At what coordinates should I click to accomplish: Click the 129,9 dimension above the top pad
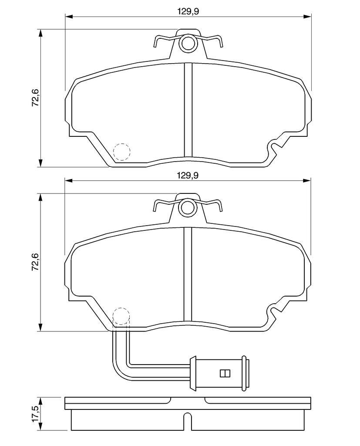188,11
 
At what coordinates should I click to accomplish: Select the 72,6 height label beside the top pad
35,98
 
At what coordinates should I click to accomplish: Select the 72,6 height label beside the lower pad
35,262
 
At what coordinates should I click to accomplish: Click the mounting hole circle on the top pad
188,43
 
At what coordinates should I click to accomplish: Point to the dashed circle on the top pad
122,152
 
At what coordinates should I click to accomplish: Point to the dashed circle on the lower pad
121,316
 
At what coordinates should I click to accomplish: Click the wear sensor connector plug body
219,373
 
